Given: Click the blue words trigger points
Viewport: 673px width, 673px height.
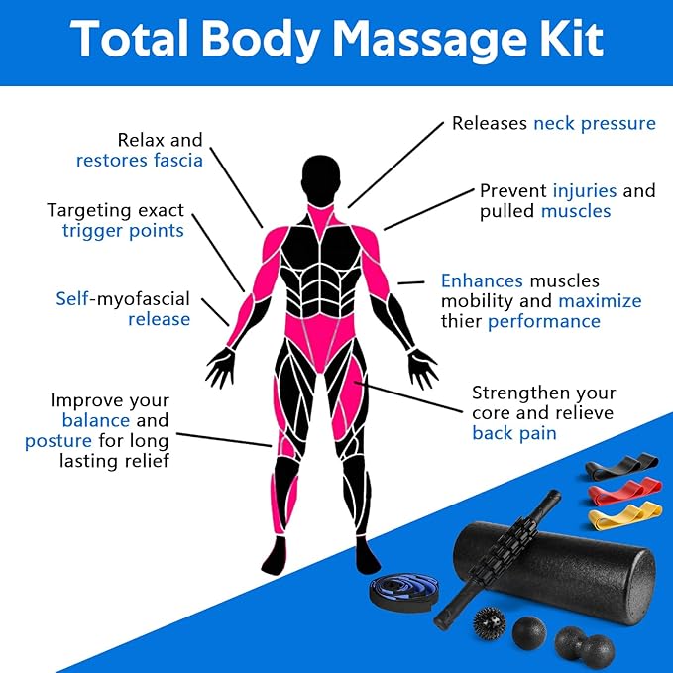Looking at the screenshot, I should [x=123, y=230].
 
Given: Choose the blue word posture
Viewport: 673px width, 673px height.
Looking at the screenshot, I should [x=58, y=440].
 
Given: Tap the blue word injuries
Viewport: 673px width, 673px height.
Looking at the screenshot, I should [x=585, y=190].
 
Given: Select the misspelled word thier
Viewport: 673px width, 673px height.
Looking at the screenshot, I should [x=462, y=321].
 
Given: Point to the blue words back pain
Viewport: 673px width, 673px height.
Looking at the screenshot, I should [x=513, y=433].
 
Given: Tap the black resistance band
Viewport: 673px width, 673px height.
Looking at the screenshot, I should [x=621, y=464].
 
